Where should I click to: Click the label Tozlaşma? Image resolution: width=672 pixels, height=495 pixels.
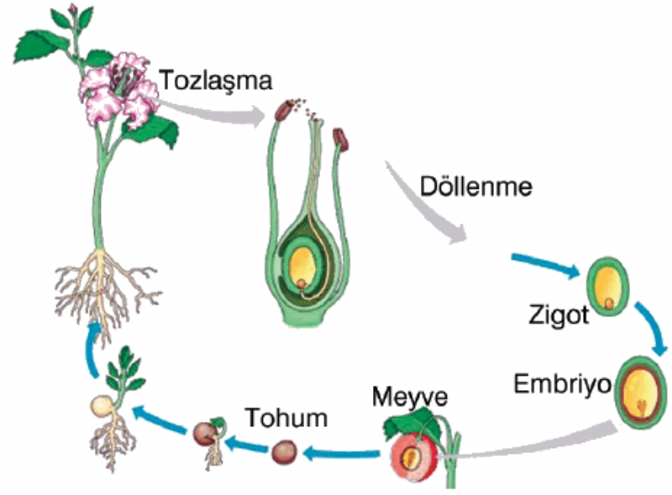point(216,81)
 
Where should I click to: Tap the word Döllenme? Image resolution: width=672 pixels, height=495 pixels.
point(477,187)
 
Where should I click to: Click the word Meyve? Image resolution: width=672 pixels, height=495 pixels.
point(412,395)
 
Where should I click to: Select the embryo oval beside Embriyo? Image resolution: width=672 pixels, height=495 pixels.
point(643,390)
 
